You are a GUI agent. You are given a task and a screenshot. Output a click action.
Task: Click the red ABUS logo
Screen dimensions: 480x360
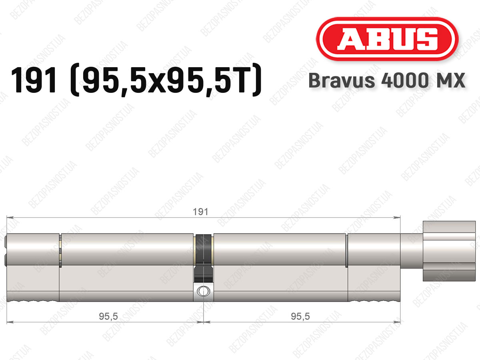(387, 39)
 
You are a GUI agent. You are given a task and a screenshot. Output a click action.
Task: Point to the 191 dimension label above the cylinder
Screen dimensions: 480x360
(200, 212)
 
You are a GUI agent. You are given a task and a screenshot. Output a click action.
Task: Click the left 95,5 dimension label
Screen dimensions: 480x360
(108, 316)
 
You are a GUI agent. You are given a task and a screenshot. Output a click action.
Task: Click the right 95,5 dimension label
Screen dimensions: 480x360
(300, 316)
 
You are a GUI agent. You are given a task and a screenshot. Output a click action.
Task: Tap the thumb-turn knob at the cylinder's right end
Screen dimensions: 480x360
(449, 251)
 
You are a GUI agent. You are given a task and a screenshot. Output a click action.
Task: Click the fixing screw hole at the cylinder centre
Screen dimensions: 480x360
(203, 291)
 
